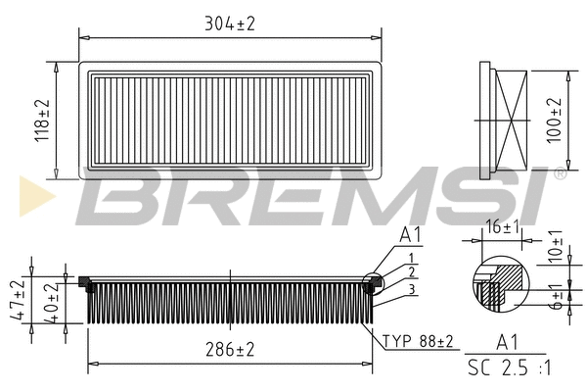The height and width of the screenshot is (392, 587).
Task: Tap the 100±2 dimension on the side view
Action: tap(556, 121)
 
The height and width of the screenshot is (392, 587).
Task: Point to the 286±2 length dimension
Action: tap(230, 349)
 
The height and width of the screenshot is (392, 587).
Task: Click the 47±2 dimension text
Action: tap(17, 297)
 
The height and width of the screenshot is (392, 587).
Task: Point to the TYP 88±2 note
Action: tap(418, 341)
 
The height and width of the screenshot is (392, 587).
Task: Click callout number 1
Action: tap(412, 257)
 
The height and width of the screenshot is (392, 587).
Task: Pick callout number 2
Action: tap(412, 271)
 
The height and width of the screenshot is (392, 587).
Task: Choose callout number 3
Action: tap(412, 289)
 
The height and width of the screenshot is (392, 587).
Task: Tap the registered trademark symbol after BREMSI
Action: tap(559, 173)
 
